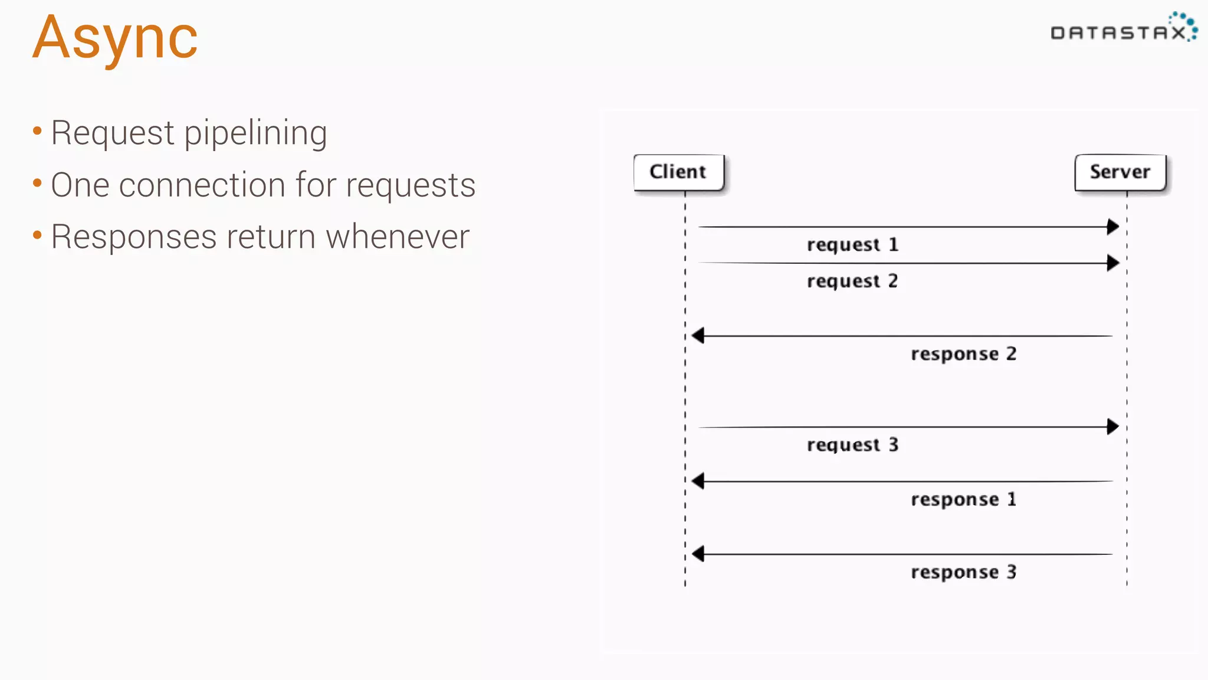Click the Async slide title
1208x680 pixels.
(115, 38)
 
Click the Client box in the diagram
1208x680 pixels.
(678, 172)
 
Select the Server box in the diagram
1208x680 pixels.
(1120, 172)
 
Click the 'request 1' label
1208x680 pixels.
(852, 244)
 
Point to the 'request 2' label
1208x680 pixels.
(852, 281)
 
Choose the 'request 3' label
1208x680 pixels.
(852, 444)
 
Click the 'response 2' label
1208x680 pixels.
(963, 354)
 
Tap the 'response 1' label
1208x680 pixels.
(963, 499)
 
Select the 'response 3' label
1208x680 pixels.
(963, 572)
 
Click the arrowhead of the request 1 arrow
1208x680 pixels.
(1113, 227)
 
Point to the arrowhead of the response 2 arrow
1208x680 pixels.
(698, 336)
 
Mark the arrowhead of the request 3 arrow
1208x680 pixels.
(1113, 426)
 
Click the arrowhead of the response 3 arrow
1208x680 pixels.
(698, 554)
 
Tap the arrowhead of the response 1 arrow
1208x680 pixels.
(698, 481)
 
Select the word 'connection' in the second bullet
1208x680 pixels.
(202, 185)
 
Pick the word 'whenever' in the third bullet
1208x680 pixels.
(398, 237)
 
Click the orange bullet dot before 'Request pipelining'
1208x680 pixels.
(37, 131)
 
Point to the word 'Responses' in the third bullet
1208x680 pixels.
(134, 237)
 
